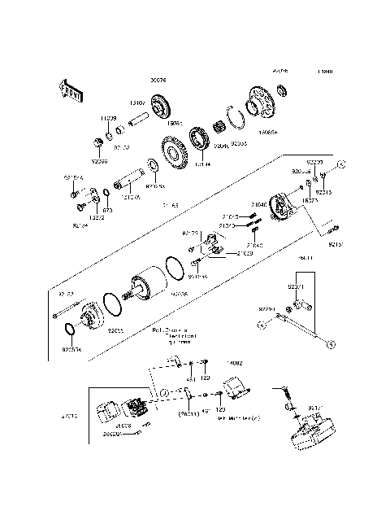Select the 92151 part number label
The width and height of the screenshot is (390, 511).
click(336, 243)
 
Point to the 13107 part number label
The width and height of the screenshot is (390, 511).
click(137, 103)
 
